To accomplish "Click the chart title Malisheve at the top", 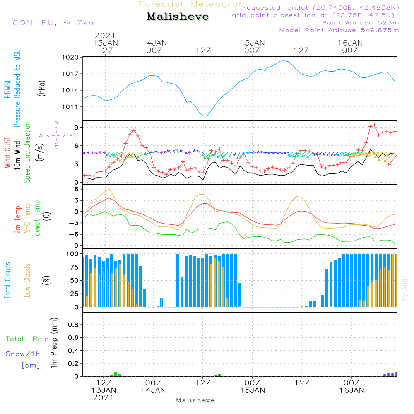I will point(178,17).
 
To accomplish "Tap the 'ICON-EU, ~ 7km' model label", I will point(53,23).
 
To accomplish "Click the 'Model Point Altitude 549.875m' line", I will point(339,30).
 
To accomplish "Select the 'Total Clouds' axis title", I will point(7,280).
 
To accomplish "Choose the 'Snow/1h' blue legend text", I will point(23,354).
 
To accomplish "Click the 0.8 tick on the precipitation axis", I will point(73,325).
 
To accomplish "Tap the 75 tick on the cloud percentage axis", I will point(73,267).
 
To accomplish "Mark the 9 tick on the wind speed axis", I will point(77,127).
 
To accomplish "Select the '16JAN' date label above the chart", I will point(350,43).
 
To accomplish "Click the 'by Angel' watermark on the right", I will point(405,287).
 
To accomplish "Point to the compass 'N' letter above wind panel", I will point(56,123).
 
